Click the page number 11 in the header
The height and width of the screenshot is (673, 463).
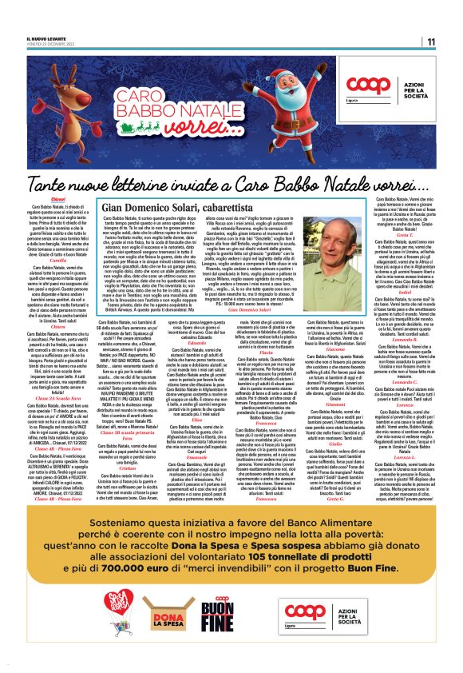pos(430,42)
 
